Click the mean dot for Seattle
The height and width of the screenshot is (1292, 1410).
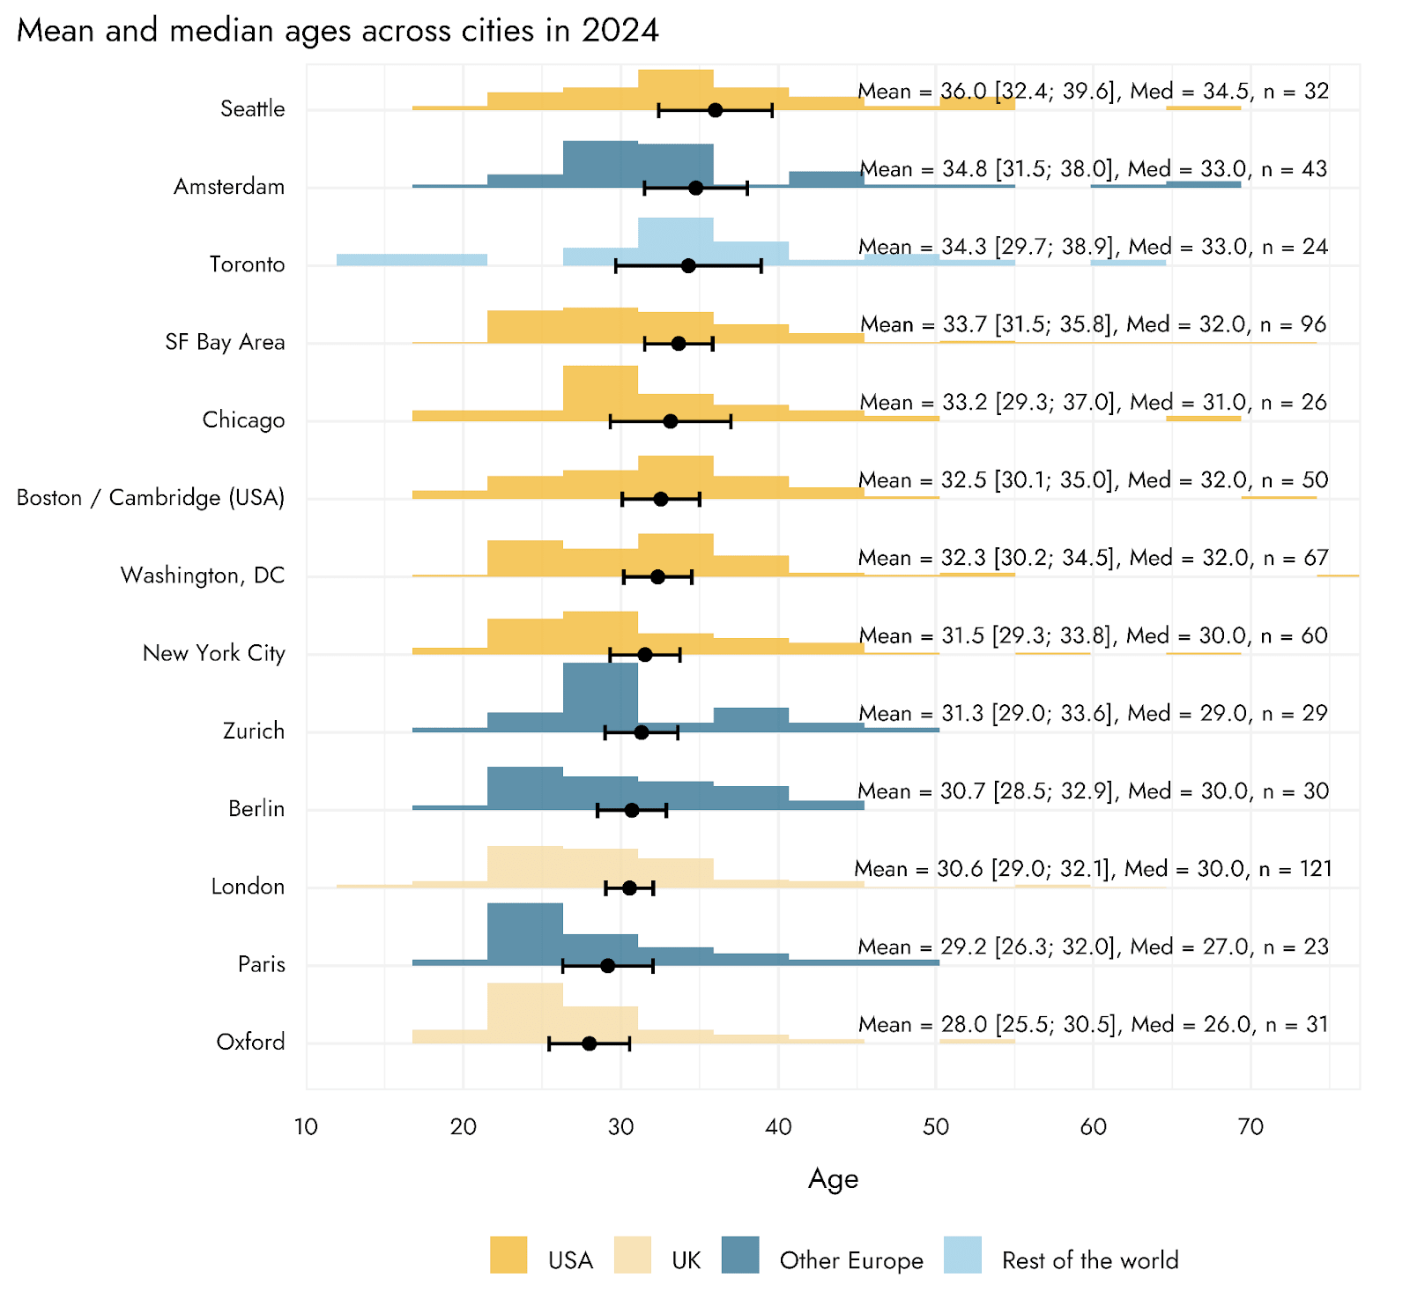click(715, 110)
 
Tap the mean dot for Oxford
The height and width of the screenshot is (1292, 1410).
click(590, 1043)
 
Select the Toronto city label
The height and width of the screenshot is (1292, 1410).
click(247, 264)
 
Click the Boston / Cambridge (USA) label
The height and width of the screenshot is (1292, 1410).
click(151, 498)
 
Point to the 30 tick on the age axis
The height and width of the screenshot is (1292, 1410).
click(620, 1126)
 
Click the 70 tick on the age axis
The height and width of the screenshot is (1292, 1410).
click(1250, 1126)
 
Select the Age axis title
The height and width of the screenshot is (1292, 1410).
click(833, 1179)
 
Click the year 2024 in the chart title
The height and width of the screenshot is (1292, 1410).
click(620, 31)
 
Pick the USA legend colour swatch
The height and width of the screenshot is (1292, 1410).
click(508, 1255)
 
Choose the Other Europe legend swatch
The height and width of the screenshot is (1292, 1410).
click(740, 1255)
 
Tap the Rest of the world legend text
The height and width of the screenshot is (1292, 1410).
click(1090, 1260)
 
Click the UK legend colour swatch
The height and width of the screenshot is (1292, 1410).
click(633, 1255)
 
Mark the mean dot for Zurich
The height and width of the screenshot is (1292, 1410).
click(642, 732)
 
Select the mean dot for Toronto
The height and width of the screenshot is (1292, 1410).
click(688, 265)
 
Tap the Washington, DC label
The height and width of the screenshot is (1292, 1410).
click(203, 575)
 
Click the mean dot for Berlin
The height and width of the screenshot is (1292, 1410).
click(631, 810)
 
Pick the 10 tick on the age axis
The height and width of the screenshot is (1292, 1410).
click(306, 1126)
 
